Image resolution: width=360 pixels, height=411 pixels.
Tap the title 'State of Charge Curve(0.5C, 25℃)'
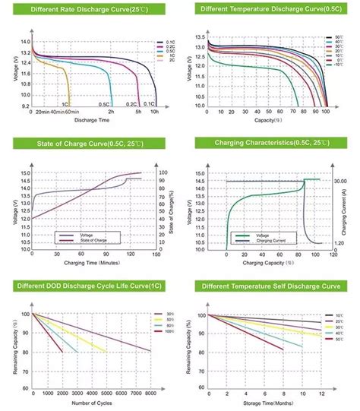pyautogui.click(x=90, y=143)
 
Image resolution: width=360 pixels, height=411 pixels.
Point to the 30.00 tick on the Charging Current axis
pyautogui.click(x=341, y=181)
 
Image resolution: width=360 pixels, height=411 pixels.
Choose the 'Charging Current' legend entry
pyautogui.click(x=271, y=242)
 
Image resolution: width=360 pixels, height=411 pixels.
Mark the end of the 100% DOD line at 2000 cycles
pyautogui.click(x=63, y=352)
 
